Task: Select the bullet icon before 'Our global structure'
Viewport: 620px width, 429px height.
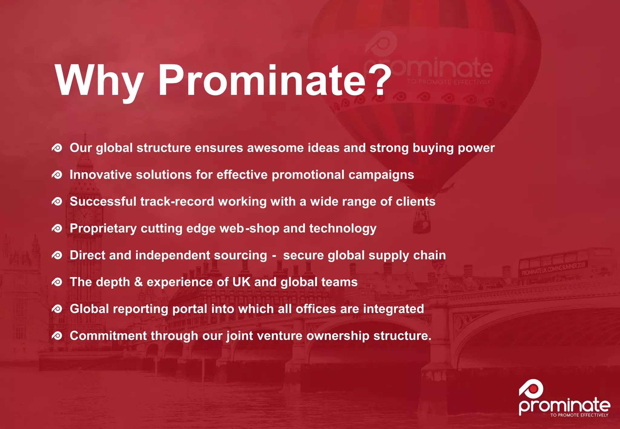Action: [57, 148]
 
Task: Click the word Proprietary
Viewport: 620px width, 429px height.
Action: [103, 229]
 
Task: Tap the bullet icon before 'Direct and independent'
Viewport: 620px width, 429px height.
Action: [57, 255]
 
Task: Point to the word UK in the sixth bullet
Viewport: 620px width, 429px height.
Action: [241, 282]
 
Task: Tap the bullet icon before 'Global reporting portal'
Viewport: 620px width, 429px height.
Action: [57, 309]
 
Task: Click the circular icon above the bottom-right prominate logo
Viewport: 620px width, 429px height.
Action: [531, 389]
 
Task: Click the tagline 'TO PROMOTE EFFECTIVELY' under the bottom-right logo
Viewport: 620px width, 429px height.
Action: [579, 415]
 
